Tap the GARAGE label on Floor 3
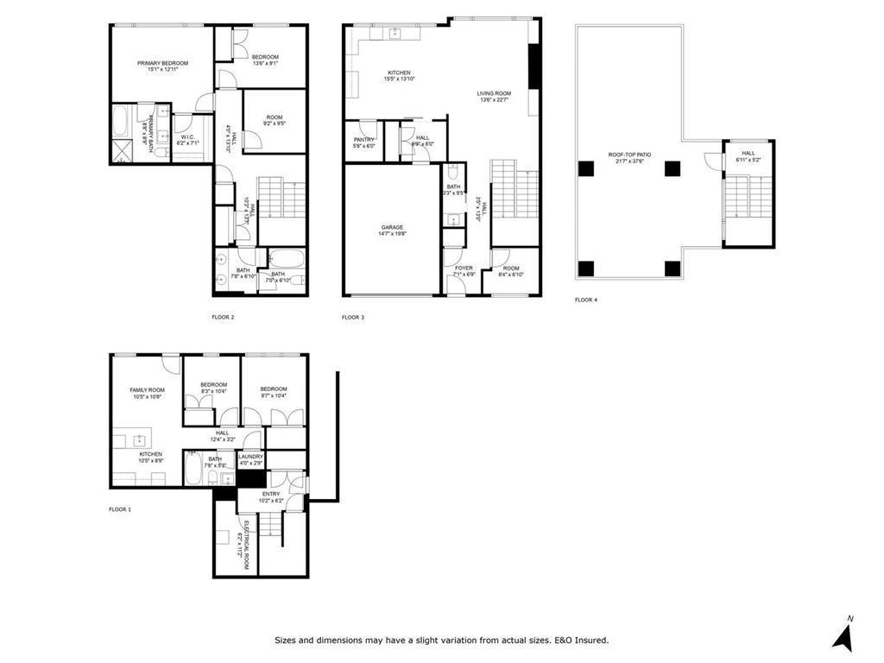click(391, 227)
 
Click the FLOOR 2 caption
click(223, 317)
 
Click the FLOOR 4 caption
click(586, 300)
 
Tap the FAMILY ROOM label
click(147, 389)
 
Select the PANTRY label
click(363, 139)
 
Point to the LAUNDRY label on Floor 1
click(250, 457)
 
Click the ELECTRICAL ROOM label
click(246, 545)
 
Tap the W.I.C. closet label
click(187, 137)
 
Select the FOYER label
click(464, 268)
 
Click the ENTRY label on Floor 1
click(271, 494)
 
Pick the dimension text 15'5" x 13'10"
click(399, 79)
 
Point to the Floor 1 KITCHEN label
click(151, 454)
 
